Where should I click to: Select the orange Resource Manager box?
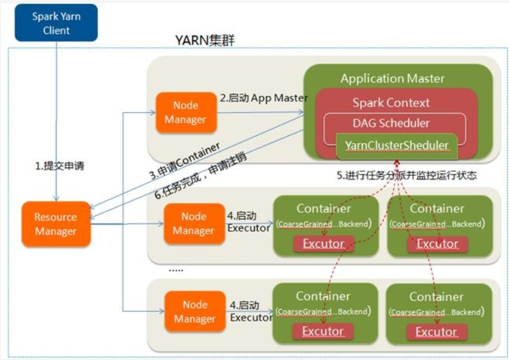pos(56,224)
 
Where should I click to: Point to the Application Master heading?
pos(392,79)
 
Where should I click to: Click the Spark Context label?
pos(391,103)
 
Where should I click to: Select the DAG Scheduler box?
pos(391,122)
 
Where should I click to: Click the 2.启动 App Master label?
pos(263,98)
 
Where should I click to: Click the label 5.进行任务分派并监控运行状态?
pos(406,175)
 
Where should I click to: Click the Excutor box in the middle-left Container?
pos(323,244)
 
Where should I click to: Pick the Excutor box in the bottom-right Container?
pos(435,332)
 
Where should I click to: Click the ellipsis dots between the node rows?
pos(176,270)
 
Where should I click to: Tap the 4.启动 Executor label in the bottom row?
pos(250,311)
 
